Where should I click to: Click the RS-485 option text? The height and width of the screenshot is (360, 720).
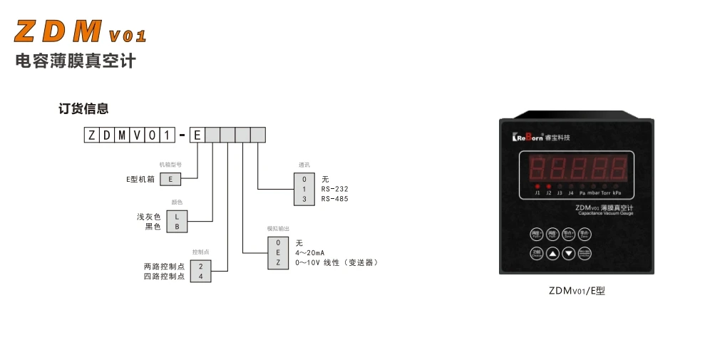click(x=334, y=199)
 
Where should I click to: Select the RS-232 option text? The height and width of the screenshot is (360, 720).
click(x=334, y=189)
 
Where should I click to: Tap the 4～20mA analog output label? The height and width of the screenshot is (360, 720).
click(x=310, y=252)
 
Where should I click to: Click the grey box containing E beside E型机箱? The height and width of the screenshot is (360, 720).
click(x=170, y=179)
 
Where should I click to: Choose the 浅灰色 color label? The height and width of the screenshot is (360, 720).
click(x=149, y=216)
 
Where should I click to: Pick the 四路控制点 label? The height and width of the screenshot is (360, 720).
click(x=164, y=276)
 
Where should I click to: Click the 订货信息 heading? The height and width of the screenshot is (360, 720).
click(x=83, y=109)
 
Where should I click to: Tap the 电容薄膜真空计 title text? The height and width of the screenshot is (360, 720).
click(x=76, y=61)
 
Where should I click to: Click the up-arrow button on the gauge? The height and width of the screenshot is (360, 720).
click(x=553, y=253)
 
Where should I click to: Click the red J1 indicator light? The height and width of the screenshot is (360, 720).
click(x=538, y=185)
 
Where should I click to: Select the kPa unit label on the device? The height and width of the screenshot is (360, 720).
click(x=617, y=192)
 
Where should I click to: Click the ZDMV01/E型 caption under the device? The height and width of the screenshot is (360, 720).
click(x=577, y=291)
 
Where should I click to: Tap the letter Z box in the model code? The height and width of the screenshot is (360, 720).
click(x=91, y=134)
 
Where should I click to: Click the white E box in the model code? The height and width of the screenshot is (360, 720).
click(x=197, y=134)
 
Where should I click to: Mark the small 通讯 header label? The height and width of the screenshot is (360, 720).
click(x=304, y=165)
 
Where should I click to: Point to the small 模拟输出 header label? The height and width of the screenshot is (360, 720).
click(x=278, y=228)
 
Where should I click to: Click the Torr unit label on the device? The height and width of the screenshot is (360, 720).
click(x=605, y=192)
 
